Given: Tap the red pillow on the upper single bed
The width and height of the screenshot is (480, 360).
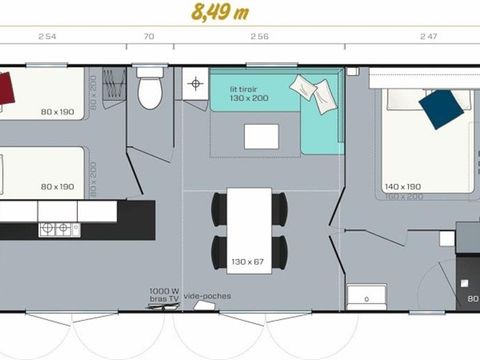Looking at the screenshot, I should coord(7,88).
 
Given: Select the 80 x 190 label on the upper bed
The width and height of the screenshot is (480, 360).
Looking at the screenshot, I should coord(58,113).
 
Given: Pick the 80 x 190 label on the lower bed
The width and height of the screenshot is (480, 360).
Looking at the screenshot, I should coord(58,186).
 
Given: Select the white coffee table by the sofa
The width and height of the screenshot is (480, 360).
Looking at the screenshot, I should coord(263,137).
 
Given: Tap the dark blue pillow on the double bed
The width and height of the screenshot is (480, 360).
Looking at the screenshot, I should coord(440,108).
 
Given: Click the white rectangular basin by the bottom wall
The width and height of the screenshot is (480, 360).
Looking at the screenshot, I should coord(366,296).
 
